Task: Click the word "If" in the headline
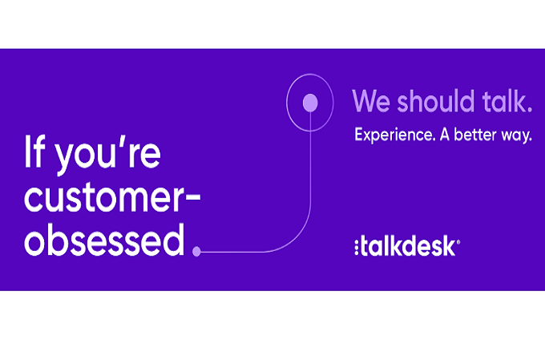click(34, 152)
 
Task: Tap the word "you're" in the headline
click(108, 156)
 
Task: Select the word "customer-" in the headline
click(112, 197)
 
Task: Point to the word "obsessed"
click(104, 240)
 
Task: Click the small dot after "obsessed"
click(196, 251)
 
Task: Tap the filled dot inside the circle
click(310, 103)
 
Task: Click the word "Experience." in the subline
click(395, 135)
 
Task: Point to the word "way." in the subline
click(516, 136)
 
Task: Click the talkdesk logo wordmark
click(407, 246)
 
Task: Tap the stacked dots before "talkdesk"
click(357, 247)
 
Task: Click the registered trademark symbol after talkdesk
click(458, 242)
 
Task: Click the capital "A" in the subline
click(445, 135)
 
